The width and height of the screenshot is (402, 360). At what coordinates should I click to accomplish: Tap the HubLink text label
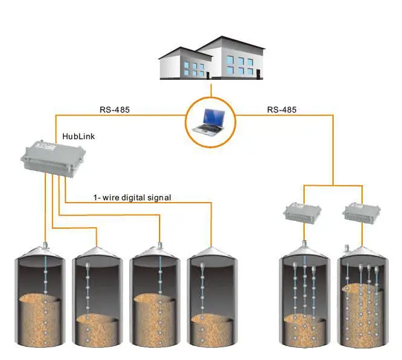click(79, 136)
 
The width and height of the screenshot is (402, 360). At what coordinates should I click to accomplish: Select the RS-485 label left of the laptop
click(114, 110)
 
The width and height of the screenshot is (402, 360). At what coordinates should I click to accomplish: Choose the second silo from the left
click(97, 299)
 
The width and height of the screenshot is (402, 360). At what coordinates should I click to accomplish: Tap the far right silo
click(363, 299)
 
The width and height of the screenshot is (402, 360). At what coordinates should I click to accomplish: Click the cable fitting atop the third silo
click(160, 245)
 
